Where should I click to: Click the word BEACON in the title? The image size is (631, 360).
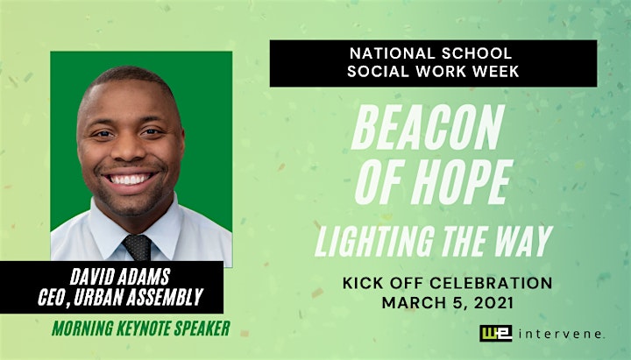[x=428, y=127]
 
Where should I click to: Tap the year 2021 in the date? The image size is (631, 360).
[x=493, y=303]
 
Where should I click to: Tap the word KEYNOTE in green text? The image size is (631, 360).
[x=143, y=328]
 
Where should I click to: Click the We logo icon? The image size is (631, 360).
[x=496, y=334]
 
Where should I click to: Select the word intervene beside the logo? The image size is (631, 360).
[x=562, y=334]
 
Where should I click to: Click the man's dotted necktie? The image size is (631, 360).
[x=138, y=247]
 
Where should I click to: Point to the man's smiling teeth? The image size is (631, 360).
[x=129, y=180]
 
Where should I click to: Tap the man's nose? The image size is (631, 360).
[x=128, y=149]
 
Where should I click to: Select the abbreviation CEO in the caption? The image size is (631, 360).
[x=50, y=297]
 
